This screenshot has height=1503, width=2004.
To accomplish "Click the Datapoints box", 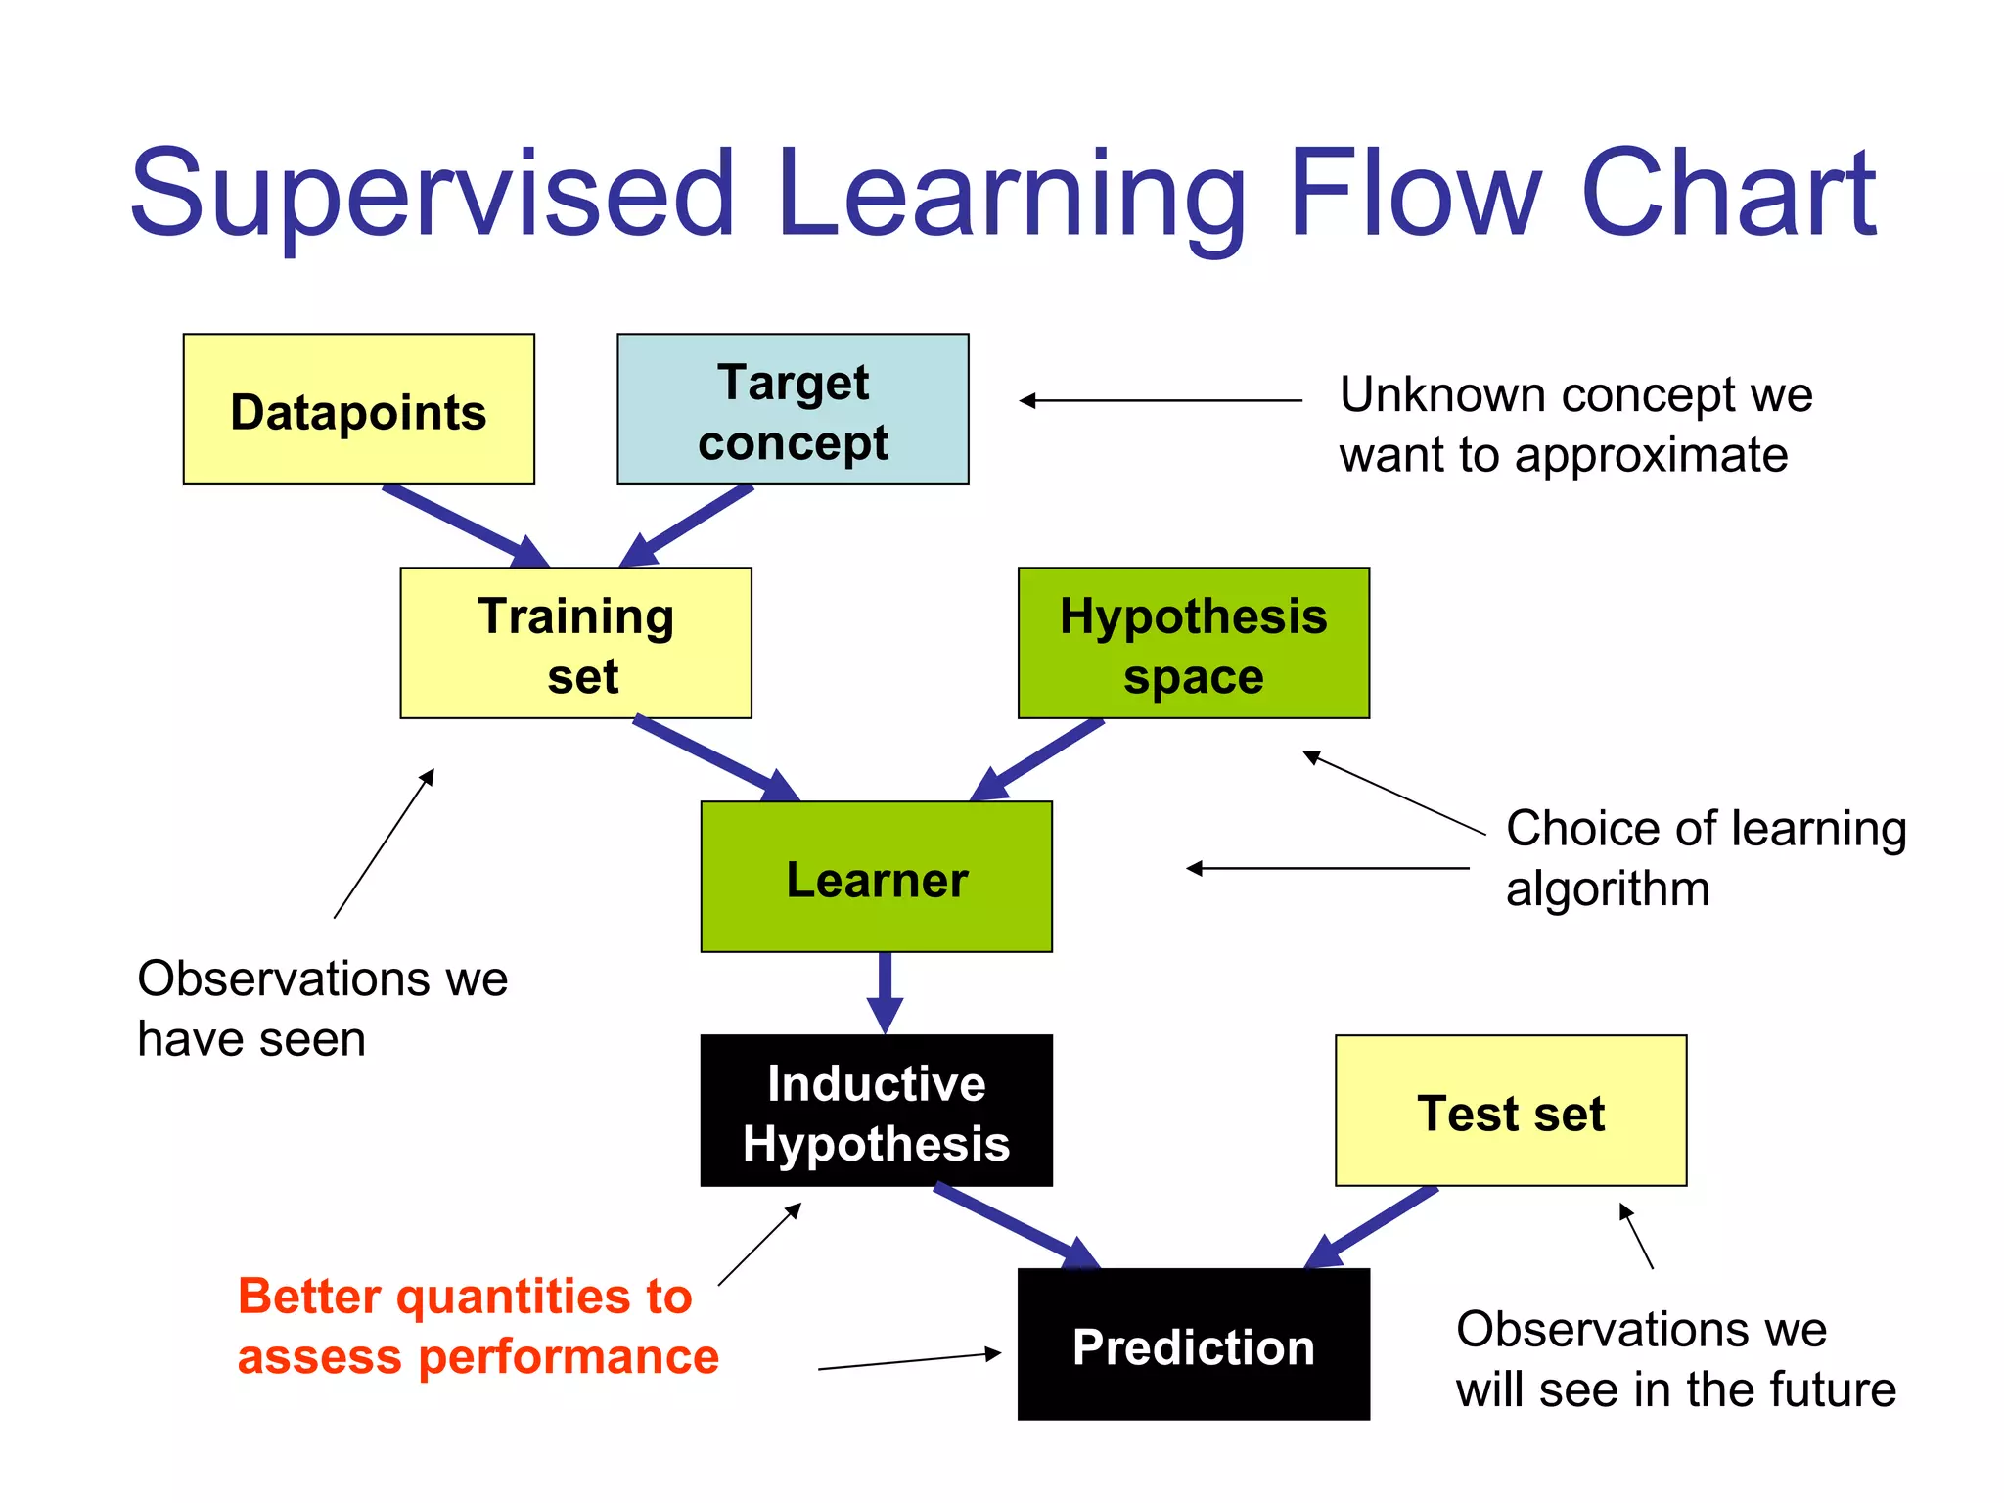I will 358,409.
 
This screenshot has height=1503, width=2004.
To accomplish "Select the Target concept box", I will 793,409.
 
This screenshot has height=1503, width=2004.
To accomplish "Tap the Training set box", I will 575,643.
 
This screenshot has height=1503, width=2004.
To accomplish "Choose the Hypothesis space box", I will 1193,643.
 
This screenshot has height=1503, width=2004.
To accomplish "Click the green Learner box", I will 876,877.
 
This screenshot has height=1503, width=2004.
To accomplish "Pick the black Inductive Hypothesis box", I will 876,1111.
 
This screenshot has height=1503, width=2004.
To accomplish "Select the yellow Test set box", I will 1510,1111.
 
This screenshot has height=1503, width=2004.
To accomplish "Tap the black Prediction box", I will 1193,1344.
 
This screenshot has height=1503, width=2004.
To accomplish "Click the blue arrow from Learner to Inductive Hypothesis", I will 885,990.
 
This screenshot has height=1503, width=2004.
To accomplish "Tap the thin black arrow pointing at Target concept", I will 1160,400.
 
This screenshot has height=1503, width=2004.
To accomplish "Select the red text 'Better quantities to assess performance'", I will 478,1326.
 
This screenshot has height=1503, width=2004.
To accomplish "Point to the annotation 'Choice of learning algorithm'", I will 1705,858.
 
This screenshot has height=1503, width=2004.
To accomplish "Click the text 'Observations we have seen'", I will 322,1008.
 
